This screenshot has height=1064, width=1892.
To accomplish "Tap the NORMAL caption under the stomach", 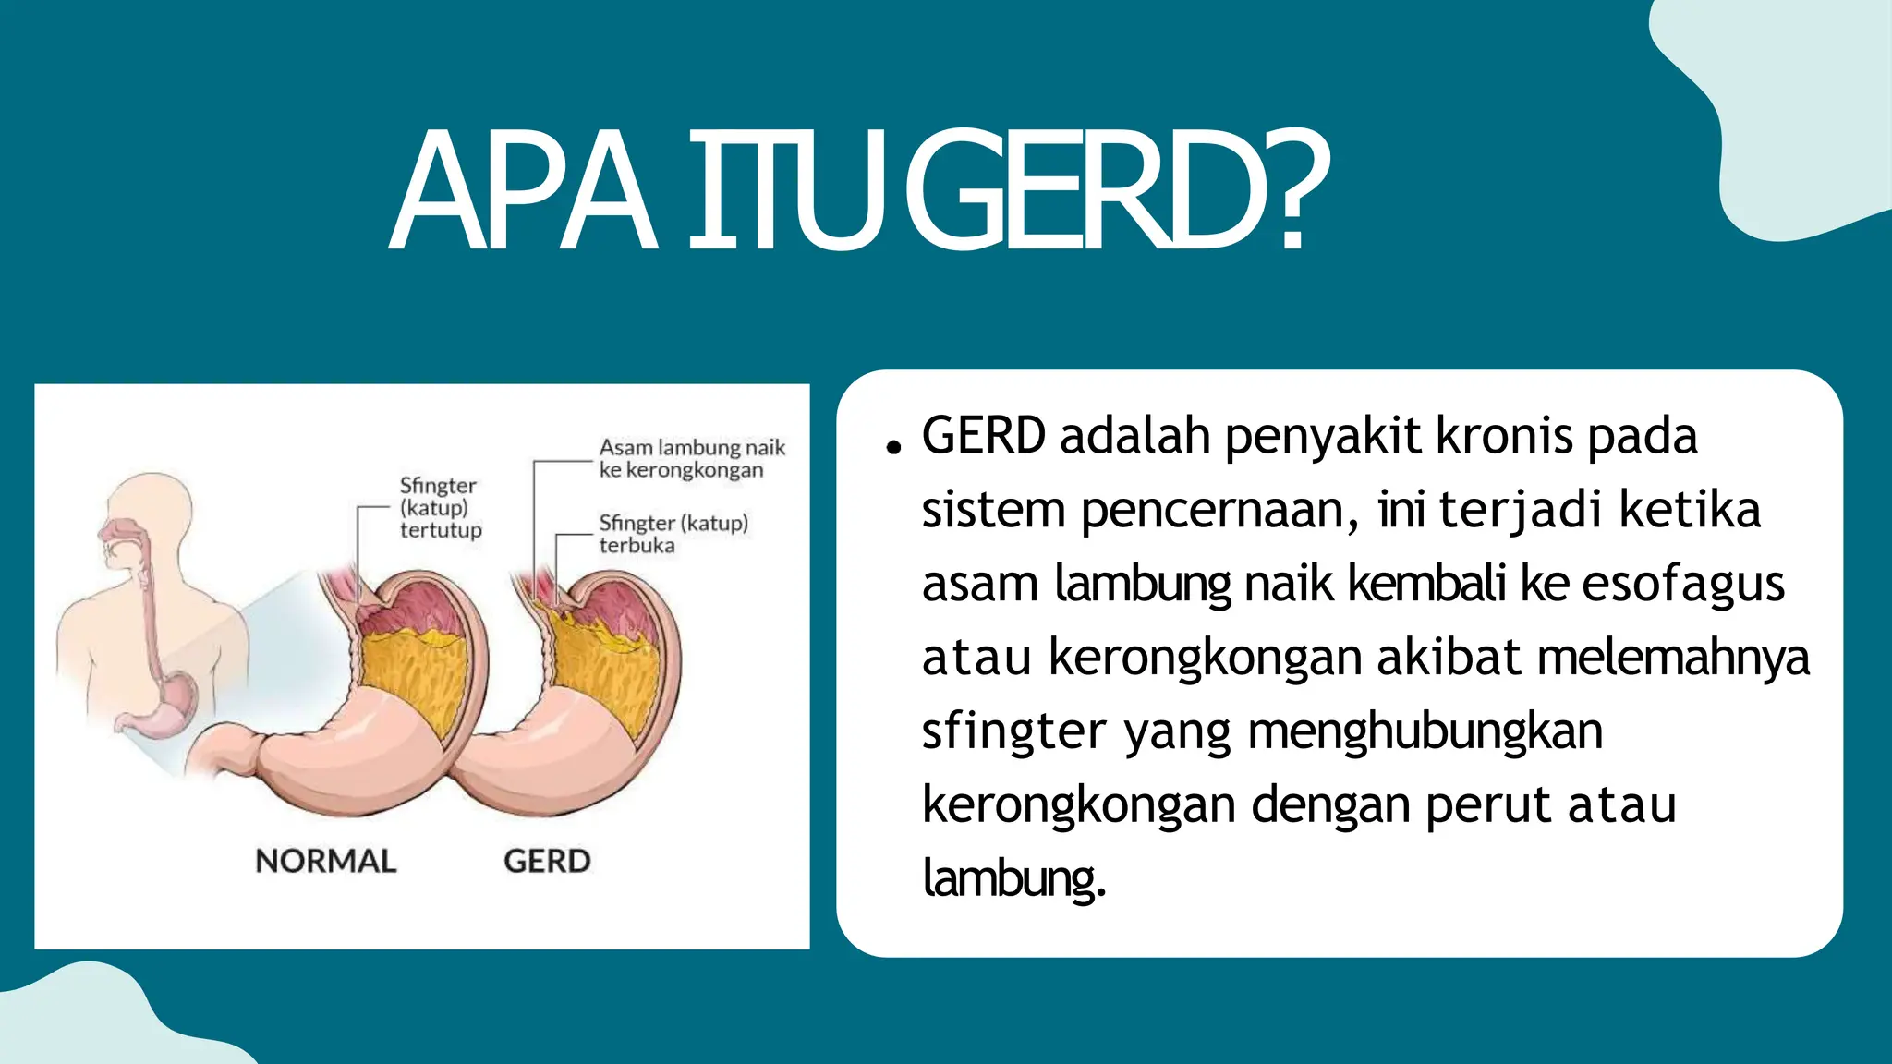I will point(325,861).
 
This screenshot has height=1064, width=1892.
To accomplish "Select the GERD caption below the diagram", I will point(547,861).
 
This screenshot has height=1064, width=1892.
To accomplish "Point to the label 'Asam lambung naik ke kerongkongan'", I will point(691,458).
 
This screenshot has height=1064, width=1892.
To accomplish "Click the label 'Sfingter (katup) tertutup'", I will point(440,507).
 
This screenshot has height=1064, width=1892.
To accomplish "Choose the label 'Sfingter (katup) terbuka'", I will point(673,534).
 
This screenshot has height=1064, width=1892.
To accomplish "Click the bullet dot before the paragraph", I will point(891,448).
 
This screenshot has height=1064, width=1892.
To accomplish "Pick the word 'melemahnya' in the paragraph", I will point(1672,658).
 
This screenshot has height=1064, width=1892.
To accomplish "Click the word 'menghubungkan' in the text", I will point(1425,731).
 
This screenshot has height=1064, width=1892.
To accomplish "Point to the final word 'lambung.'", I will point(1013,878).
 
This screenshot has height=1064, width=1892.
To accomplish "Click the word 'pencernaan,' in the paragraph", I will point(1219,510).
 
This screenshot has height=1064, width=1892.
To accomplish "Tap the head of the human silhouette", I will point(139,517).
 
